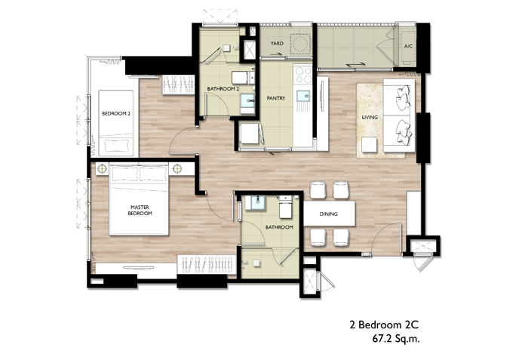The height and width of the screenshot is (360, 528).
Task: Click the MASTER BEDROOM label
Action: click(140, 211)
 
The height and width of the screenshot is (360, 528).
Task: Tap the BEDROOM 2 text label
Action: click(116, 114)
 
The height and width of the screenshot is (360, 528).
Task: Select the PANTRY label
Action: click(276, 98)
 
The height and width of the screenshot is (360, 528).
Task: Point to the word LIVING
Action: click(370, 117)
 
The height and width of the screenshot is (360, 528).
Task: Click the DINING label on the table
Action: click(328, 214)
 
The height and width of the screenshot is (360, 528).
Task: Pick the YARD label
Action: click(277, 43)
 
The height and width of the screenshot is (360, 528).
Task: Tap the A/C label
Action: click(408, 46)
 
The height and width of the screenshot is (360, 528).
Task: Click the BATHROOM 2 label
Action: click(223, 88)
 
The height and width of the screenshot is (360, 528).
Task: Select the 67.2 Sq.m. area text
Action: click(396, 338)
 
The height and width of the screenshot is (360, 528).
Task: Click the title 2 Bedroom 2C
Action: click(384, 325)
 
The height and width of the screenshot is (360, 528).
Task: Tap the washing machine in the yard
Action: click(300, 44)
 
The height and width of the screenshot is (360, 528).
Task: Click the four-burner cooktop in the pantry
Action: click(302, 75)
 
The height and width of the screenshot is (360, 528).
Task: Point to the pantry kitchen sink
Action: click(303, 96)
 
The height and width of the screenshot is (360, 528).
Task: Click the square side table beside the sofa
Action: click(370, 145)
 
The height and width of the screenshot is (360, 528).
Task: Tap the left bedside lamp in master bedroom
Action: click(102, 168)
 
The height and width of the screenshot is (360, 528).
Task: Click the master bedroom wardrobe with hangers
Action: click(206, 265)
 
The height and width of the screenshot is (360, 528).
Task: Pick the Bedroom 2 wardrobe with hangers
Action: click(178, 85)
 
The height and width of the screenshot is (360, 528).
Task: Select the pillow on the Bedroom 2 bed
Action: click(116, 145)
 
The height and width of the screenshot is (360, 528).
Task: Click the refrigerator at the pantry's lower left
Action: click(250, 134)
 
